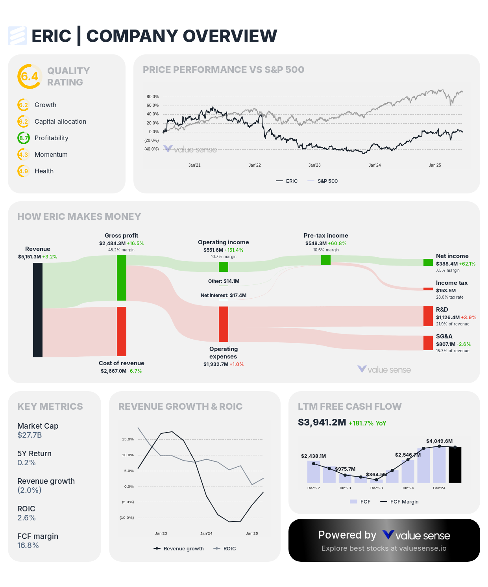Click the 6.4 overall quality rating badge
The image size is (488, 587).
point(30,76)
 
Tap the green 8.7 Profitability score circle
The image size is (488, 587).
point(24,138)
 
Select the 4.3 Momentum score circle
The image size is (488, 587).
point(24,154)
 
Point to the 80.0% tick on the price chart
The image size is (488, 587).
point(153,97)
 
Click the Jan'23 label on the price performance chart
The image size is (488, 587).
point(314,165)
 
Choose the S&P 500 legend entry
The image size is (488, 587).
point(327,181)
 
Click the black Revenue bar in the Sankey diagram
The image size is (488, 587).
point(38,310)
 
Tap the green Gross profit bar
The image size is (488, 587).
point(122,278)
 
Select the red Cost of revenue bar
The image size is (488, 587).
point(122,331)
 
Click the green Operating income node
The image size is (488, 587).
point(224,267)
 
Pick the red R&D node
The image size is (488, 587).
point(428,316)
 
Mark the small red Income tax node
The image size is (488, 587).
point(428,289)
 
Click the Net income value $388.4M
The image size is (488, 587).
point(447,264)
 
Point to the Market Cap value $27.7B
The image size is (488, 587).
point(30,435)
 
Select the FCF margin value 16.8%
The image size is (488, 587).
point(28,545)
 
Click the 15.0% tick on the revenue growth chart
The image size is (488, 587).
point(128,439)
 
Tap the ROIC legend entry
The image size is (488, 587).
point(229,548)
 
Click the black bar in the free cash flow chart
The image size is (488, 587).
point(455,465)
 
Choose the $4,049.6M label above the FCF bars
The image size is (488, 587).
point(439,441)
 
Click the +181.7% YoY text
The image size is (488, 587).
point(368,423)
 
